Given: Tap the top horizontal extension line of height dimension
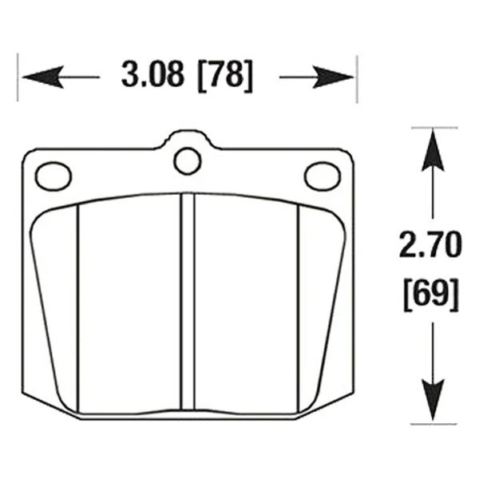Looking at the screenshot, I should pos(435,129).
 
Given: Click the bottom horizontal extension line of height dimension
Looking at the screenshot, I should pos(435,425).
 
